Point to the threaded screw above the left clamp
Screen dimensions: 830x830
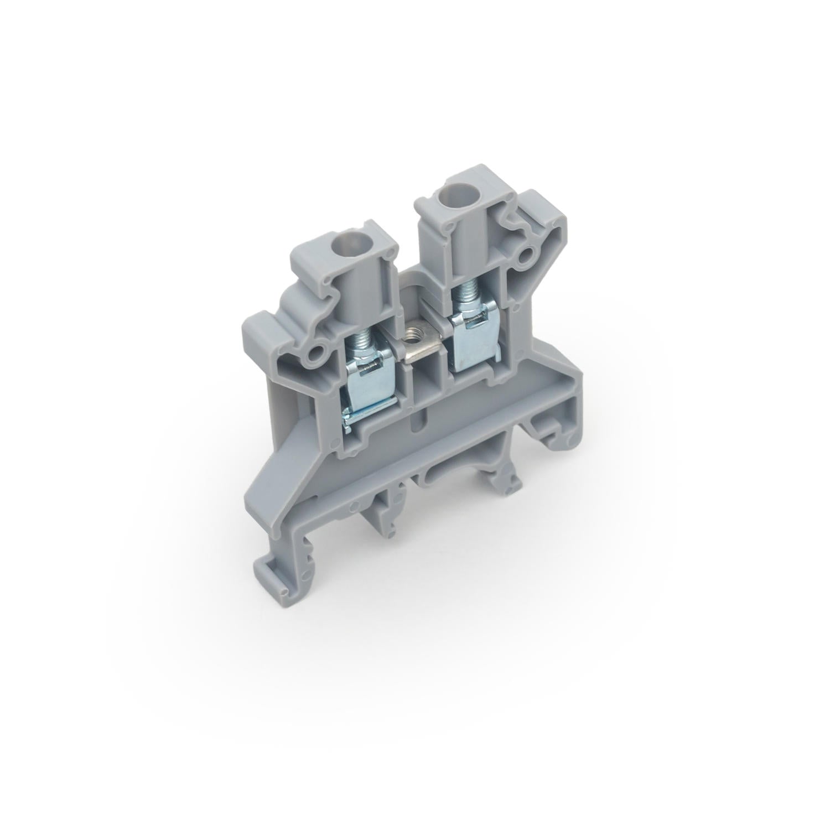pos(358,344)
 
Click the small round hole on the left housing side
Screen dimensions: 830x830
pos(319,352)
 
